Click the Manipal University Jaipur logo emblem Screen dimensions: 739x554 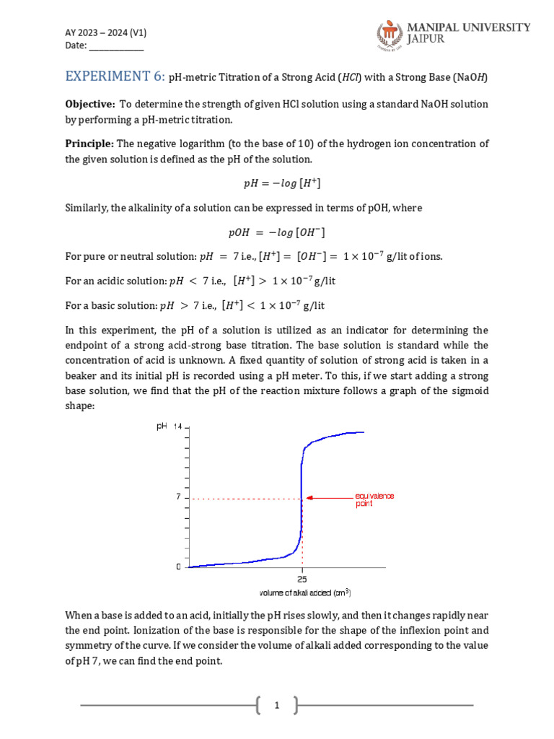click(x=390, y=36)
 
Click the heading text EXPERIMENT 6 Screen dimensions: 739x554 click(x=113, y=76)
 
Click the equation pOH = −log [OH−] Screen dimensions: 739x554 click(x=276, y=232)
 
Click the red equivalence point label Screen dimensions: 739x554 click(x=374, y=499)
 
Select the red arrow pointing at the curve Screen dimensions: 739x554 click(x=329, y=497)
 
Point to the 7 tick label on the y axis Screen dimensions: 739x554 click(x=177, y=497)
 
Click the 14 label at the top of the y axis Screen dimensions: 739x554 click(x=177, y=427)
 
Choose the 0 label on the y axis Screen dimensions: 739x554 click(x=178, y=567)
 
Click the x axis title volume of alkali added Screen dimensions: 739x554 click(x=304, y=593)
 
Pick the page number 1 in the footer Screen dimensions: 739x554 click(x=276, y=705)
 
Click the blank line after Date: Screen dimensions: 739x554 click(x=116, y=45)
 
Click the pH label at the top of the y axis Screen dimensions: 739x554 click(x=162, y=427)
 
